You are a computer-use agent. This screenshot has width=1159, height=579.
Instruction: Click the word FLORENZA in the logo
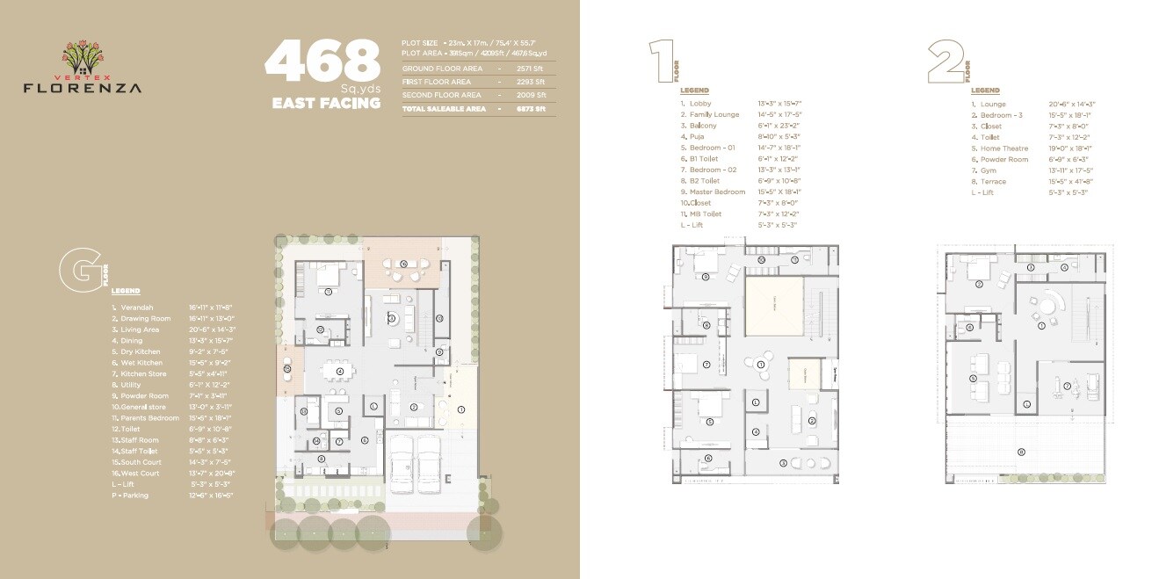[82, 87]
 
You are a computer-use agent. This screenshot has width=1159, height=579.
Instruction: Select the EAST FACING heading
[326, 103]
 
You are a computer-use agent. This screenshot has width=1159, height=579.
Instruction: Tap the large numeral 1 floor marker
[660, 61]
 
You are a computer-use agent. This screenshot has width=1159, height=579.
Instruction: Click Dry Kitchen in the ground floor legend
[141, 351]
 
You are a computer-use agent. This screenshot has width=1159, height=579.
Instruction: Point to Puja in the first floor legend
[697, 137]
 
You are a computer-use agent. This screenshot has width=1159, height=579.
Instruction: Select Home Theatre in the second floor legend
[1003, 148]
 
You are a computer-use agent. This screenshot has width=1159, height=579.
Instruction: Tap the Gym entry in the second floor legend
[988, 170]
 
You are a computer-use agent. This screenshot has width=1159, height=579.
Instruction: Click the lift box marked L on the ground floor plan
[373, 406]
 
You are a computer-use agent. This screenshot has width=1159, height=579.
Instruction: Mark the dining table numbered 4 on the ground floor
[339, 370]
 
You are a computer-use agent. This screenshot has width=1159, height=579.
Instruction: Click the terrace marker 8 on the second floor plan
[1020, 452]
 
